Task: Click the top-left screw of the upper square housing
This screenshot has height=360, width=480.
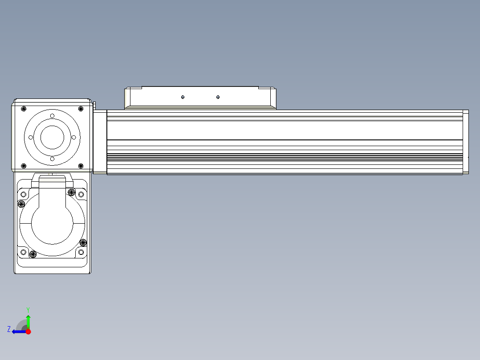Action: (24, 109)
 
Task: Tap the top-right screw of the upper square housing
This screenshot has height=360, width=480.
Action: (81, 109)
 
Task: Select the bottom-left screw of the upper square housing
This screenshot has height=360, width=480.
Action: (24, 166)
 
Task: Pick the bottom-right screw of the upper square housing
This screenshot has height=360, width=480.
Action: (81, 166)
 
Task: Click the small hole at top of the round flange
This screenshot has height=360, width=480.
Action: (53, 116)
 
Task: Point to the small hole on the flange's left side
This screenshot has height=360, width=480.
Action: (31, 138)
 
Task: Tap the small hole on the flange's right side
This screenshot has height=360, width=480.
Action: (74, 138)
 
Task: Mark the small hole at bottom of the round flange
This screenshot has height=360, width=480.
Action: (53, 159)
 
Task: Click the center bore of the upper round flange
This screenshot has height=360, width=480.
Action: (53, 137)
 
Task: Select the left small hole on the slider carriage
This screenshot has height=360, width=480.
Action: (183, 97)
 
